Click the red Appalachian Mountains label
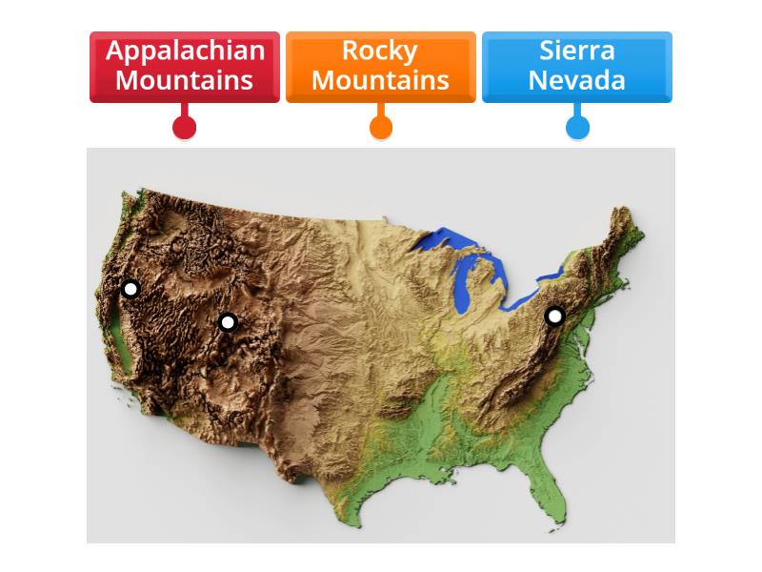point(185,66)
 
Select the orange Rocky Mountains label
point(380,66)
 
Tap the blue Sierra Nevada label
point(576,66)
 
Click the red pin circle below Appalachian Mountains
point(185,127)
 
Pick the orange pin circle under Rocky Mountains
point(381,127)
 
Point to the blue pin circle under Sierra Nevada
point(577,127)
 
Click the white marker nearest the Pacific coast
point(130,288)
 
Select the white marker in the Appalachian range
point(554,316)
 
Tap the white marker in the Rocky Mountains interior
point(227,322)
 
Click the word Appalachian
point(185,51)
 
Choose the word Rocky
point(380,51)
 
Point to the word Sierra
point(576,51)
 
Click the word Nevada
point(576,80)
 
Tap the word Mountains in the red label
point(185,80)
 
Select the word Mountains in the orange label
point(380,80)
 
